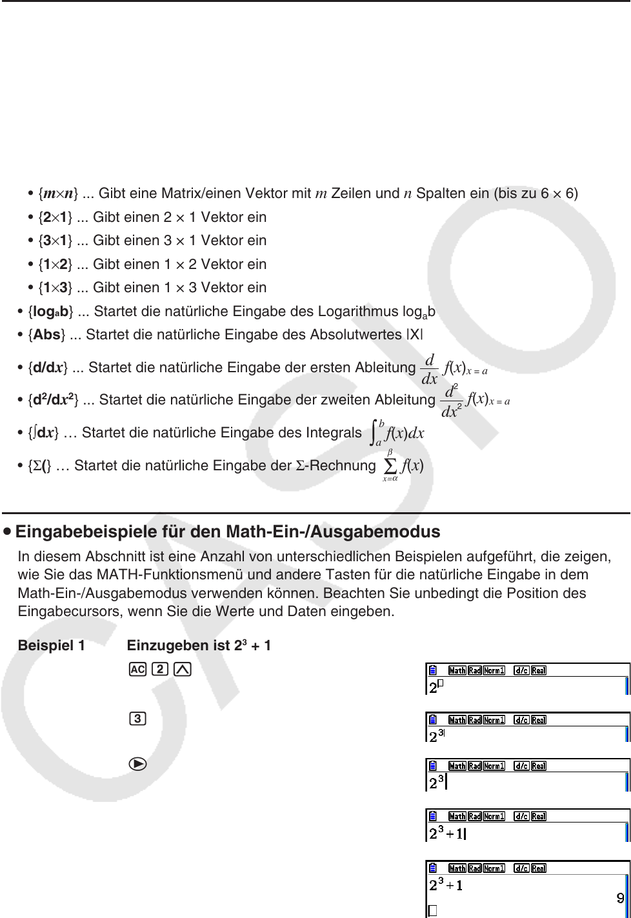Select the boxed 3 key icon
pyautogui.click(x=137, y=718)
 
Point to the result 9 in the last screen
pyautogui.click(x=619, y=897)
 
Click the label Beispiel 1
pyautogui.click(x=52, y=644)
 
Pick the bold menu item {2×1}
pyautogui.click(x=57, y=217)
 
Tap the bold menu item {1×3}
pyautogui.click(x=57, y=288)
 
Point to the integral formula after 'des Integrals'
pyautogui.click(x=397, y=433)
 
